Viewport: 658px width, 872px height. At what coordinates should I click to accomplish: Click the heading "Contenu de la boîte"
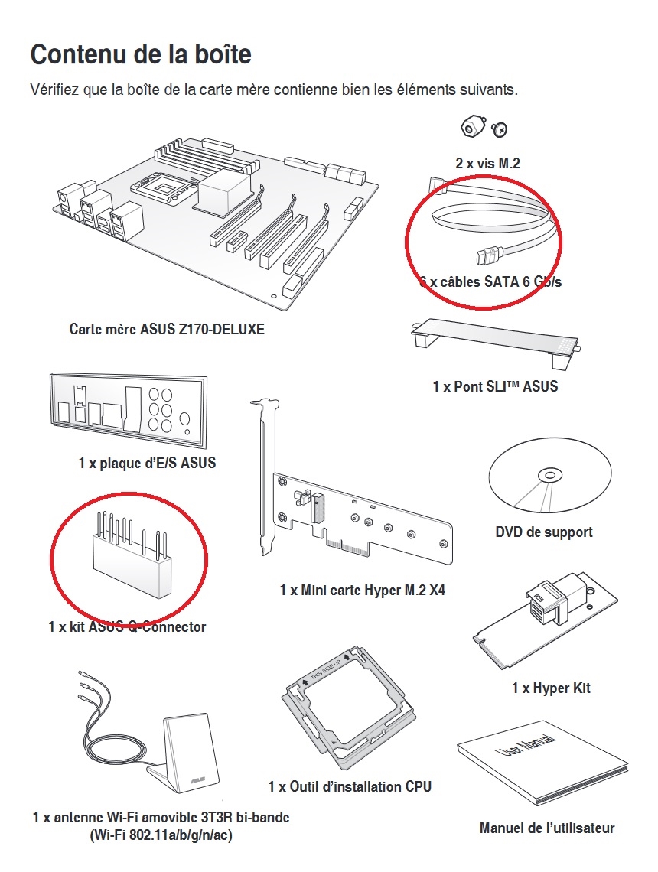click(140, 55)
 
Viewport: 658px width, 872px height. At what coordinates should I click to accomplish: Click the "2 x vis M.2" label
click(487, 163)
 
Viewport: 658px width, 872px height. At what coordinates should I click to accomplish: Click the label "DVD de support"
click(544, 532)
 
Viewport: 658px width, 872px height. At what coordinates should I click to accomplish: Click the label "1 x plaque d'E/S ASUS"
click(147, 463)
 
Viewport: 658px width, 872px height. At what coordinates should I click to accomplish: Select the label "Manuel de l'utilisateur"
click(547, 828)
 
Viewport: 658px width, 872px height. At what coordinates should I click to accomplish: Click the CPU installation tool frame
click(349, 712)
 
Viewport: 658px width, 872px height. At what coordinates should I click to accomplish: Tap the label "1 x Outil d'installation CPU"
click(350, 786)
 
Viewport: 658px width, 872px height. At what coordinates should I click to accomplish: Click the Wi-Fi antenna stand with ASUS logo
click(188, 753)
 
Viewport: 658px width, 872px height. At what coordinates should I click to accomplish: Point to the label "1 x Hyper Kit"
click(551, 688)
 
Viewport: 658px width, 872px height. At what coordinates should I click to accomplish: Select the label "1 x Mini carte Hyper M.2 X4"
click(363, 591)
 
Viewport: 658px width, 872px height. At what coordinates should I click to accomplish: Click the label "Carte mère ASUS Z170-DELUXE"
click(167, 330)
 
